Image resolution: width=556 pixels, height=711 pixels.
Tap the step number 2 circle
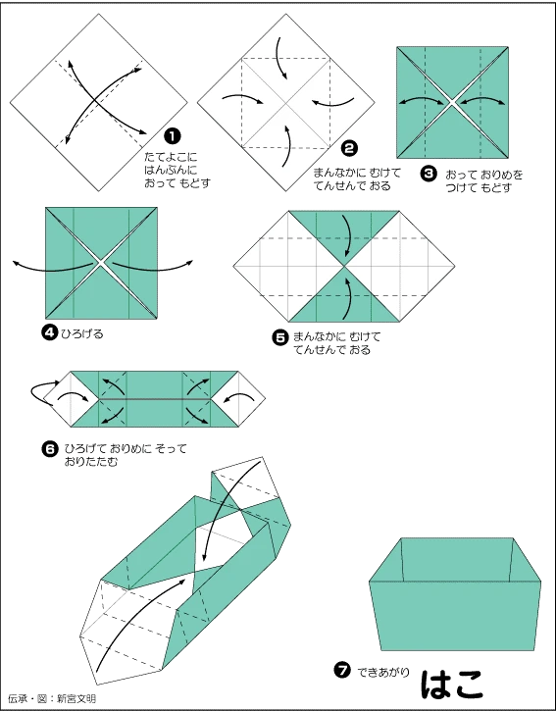coord(348,149)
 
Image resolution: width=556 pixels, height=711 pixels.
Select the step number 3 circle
coord(428,173)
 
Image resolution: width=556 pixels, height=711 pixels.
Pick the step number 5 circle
coord(279,337)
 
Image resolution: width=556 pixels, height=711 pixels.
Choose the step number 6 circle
coord(49,448)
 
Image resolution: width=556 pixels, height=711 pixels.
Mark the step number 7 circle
coord(342,671)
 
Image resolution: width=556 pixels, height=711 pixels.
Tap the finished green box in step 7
coord(456,598)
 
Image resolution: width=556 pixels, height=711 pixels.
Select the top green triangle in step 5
coord(345,233)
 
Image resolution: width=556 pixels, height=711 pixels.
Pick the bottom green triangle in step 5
coord(345,296)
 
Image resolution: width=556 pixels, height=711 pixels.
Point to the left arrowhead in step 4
coord(14,263)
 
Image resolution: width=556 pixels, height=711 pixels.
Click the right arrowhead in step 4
coord(191,262)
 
